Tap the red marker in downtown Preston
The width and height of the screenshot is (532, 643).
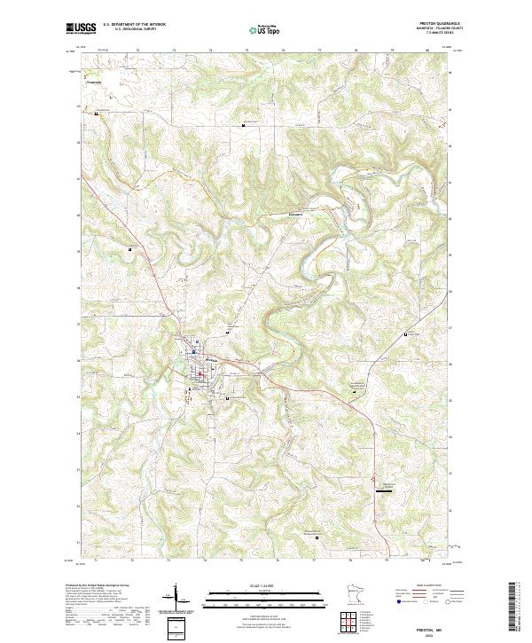(200, 372)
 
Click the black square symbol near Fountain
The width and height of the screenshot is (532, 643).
(96, 113)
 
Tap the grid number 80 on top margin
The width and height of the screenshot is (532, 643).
(428, 51)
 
